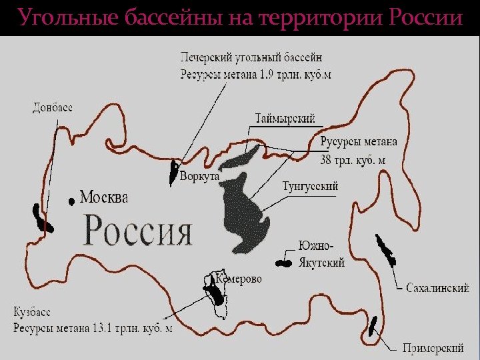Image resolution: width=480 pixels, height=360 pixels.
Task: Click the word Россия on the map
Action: (138, 231)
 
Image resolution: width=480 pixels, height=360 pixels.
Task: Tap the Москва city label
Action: (104, 197)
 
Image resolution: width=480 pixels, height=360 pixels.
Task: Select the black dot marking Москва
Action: (71, 200)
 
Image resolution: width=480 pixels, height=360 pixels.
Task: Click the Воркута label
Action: (199, 177)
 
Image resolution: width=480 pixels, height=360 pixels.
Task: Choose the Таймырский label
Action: (285, 119)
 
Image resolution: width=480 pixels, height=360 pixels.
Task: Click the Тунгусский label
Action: (311, 186)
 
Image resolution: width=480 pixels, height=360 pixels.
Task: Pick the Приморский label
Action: (433, 347)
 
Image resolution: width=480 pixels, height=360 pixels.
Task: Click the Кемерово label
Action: (238, 279)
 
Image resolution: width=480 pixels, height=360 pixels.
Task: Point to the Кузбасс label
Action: (31, 312)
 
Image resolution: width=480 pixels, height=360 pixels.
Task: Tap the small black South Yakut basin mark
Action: (285, 263)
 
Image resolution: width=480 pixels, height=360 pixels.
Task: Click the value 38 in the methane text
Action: (327, 160)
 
